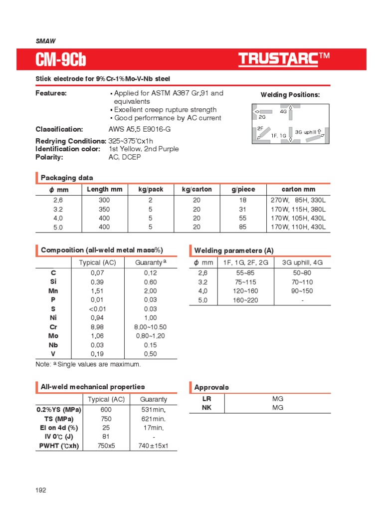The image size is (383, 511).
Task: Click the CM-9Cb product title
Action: (x=60, y=60)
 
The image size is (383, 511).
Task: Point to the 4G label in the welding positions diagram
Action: (x=283, y=112)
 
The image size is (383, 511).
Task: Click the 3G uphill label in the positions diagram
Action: (x=306, y=132)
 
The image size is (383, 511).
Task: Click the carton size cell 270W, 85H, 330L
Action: (x=298, y=200)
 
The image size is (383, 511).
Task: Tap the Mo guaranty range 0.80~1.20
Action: (x=150, y=336)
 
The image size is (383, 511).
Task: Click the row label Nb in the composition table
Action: (x=53, y=345)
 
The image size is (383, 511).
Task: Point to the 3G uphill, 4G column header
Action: (x=302, y=262)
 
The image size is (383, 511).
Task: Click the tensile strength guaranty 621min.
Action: (x=153, y=419)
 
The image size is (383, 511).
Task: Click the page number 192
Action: (x=41, y=491)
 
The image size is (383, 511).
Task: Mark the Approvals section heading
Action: (x=211, y=387)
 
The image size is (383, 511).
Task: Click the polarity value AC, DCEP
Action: (x=125, y=157)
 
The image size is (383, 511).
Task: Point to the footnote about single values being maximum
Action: (x=88, y=364)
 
